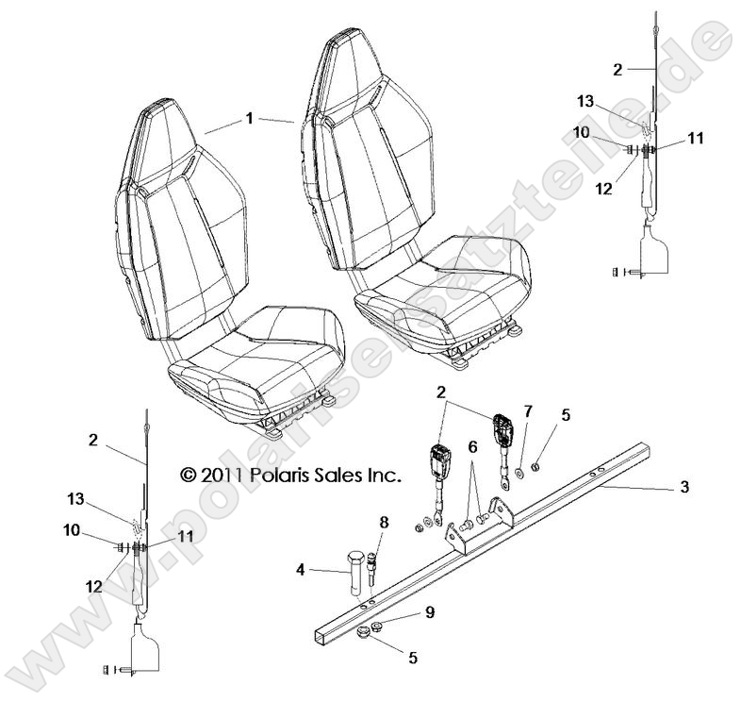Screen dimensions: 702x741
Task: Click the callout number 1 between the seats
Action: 249,119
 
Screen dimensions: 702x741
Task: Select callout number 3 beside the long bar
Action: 684,487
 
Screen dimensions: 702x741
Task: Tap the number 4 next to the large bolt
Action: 299,570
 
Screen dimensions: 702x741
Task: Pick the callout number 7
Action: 527,410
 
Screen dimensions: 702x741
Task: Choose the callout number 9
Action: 429,611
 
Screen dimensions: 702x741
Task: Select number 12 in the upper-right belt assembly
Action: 604,188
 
